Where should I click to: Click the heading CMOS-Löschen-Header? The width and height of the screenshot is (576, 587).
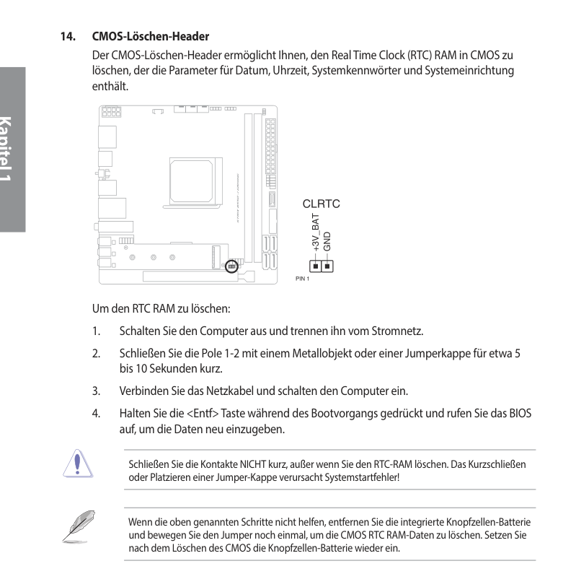(x=150, y=36)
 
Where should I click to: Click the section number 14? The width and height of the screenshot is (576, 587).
(x=68, y=36)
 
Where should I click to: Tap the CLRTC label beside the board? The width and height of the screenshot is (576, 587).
(x=321, y=204)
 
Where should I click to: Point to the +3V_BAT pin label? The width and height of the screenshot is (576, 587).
(x=316, y=232)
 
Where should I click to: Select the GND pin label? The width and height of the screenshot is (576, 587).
(x=327, y=241)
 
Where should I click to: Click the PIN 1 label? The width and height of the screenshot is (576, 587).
(x=302, y=279)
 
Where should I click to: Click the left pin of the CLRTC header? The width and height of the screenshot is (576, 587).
(x=316, y=266)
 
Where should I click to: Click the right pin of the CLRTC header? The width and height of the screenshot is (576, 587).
(x=327, y=266)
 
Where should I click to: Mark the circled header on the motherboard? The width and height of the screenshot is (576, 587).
(x=231, y=266)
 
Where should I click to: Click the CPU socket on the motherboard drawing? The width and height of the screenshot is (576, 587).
(x=191, y=181)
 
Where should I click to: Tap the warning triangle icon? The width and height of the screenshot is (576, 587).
(x=77, y=464)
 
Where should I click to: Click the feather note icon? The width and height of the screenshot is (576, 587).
(x=79, y=526)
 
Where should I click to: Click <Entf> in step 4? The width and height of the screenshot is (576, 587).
(x=203, y=413)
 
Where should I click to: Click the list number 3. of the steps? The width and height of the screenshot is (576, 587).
(x=97, y=391)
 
